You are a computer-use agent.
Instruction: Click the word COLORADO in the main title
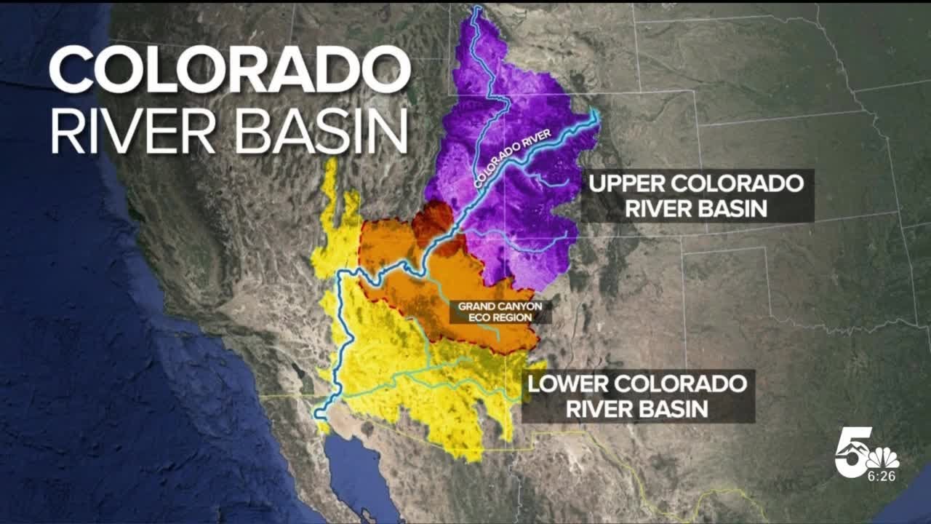(230, 69)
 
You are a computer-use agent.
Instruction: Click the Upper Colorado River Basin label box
(697, 196)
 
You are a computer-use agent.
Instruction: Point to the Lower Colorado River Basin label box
(637, 396)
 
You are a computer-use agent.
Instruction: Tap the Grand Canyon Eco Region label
(500, 311)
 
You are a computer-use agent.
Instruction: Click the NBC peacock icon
(882, 458)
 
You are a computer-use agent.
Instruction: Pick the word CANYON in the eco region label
(519, 306)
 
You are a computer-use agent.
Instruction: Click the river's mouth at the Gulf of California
(319, 415)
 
